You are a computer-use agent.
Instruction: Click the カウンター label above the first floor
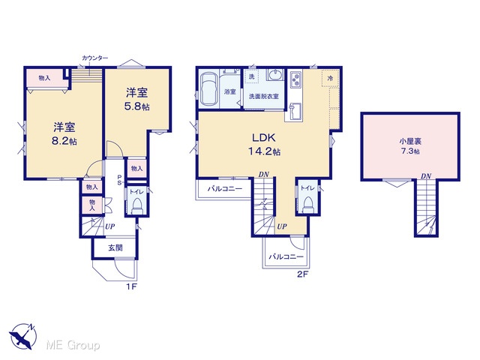(x=95, y=58)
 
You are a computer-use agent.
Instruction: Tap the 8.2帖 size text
(x=64, y=142)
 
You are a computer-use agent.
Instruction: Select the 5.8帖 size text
(x=136, y=106)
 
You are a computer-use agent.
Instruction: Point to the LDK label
(x=263, y=137)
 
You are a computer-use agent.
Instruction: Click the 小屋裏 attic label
(x=410, y=142)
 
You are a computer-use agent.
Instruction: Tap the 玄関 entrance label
(x=115, y=247)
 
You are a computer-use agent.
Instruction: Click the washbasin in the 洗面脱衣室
(x=277, y=74)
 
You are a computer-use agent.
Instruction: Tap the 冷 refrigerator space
(x=330, y=78)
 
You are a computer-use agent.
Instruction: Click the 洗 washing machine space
(x=251, y=76)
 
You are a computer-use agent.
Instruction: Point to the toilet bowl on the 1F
(x=136, y=205)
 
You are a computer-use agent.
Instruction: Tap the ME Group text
(x=73, y=346)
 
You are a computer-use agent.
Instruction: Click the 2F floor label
(x=301, y=274)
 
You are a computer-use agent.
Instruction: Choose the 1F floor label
(x=131, y=286)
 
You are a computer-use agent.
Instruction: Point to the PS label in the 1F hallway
(x=120, y=180)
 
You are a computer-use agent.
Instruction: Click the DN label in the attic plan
(x=426, y=176)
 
